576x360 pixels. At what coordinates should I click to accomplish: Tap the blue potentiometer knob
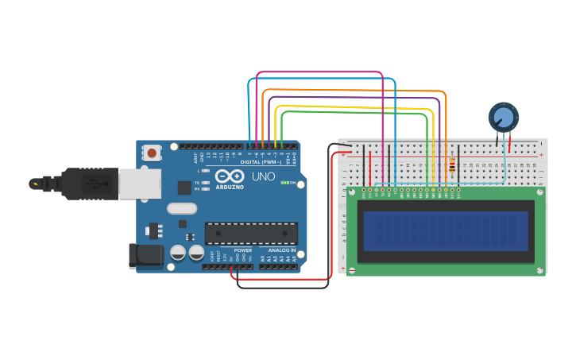pos(503,118)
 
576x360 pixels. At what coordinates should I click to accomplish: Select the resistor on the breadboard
pos(453,167)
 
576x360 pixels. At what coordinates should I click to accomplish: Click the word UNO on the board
pos(263,176)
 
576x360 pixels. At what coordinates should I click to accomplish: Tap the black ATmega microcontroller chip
pos(251,233)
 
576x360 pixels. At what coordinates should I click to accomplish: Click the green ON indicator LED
pos(284,183)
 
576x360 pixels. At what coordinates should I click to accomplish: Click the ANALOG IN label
pos(280,250)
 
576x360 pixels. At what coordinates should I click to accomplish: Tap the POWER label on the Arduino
pos(243,250)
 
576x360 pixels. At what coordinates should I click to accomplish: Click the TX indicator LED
pos(207,182)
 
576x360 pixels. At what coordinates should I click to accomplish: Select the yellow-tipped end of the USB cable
pos(34,184)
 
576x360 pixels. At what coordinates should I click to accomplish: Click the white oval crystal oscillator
pos(181,208)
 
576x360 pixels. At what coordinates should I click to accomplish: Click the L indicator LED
pos(207,170)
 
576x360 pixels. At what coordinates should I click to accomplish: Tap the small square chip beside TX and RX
pos(184,188)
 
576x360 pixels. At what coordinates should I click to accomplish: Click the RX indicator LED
pos(207,188)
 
